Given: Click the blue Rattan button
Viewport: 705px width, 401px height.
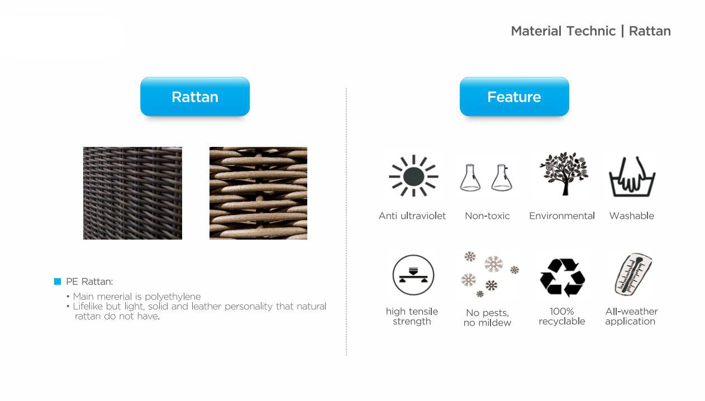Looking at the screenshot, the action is tap(195, 97).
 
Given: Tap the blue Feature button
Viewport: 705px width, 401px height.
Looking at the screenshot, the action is tap(515, 97).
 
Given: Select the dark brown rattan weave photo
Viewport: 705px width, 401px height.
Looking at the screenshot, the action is tap(132, 193).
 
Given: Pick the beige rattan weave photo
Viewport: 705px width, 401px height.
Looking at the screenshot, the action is tap(259, 193).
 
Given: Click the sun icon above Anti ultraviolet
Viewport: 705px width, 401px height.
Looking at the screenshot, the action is tap(413, 175).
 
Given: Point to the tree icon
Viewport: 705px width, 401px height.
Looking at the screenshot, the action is tap(564, 174).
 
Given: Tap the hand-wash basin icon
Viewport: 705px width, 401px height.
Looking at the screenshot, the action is tap(632, 177).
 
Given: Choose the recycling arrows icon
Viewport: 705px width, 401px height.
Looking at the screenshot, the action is tap(563, 278).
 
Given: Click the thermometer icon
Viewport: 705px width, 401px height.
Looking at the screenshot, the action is tap(633, 274).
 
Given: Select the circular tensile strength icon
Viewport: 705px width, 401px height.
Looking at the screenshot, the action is tap(413, 275).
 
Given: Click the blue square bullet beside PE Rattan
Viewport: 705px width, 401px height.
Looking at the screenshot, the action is tap(58, 281).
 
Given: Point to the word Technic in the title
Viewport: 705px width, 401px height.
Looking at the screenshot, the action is tap(590, 31).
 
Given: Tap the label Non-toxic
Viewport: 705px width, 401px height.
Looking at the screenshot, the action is tap(487, 216).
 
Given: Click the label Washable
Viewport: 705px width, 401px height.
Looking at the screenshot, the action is tap(632, 216).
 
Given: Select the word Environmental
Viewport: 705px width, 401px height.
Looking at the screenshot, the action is tap(562, 216).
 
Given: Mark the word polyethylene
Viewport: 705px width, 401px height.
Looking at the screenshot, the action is tap(173, 297).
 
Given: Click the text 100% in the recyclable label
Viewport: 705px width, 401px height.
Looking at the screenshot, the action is tap(562, 311).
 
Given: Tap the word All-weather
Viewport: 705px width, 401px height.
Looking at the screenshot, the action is tap(632, 311).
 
